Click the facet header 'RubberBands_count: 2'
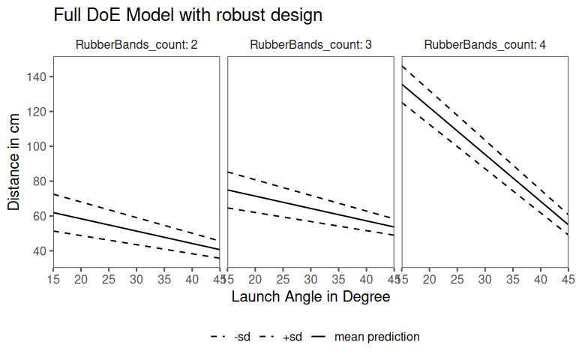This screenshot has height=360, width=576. coord(136,45)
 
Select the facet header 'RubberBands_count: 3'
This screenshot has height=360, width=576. coord(310,45)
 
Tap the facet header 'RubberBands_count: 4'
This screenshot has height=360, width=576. coord(484,45)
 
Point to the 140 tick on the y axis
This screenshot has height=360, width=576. coord(39,76)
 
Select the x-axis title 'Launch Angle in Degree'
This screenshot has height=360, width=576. coord(310,297)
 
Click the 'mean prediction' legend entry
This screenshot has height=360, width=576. coord(376,337)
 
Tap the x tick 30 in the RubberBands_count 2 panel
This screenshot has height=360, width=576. coord(136,279)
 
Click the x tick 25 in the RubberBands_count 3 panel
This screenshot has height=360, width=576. coord(283,279)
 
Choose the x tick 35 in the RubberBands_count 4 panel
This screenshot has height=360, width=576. coord(513,279)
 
